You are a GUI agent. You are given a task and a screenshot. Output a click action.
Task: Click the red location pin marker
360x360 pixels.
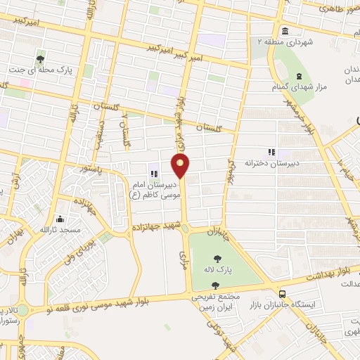[181, 166]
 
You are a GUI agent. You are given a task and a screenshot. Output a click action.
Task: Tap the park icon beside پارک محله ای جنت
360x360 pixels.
[41, 60]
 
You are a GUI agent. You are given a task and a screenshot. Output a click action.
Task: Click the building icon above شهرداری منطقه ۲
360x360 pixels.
[285, 32]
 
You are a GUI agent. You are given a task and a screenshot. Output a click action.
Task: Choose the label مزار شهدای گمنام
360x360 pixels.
[291, 86]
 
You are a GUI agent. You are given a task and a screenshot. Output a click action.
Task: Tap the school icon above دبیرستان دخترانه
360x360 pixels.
[271, 152]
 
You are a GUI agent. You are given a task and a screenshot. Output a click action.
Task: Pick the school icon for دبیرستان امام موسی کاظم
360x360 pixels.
[153, 174]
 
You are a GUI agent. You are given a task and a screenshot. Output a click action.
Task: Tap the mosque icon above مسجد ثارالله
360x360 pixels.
[60, 219]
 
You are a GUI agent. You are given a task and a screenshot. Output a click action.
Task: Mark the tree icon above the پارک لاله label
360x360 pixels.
[214, 285]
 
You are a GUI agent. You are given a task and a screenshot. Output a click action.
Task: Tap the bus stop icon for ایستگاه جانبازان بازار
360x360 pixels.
[283, 294]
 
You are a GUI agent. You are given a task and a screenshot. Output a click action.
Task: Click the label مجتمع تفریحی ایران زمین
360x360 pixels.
[216, 302]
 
